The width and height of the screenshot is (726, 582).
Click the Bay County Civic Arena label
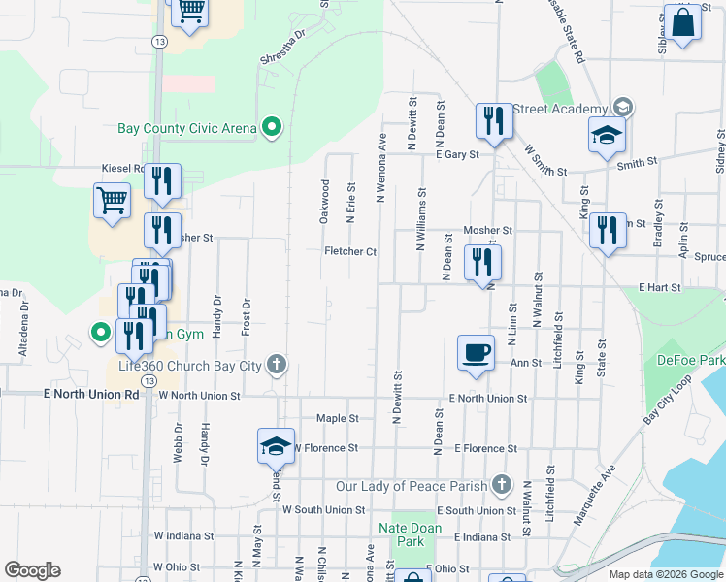[186, 128]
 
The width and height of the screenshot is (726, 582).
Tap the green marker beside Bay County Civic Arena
[273, 127]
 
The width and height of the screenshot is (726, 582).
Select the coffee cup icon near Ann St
[476, 352]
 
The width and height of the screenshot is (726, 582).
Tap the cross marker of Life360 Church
[277, 365]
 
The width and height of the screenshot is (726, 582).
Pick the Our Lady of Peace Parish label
[412, 485]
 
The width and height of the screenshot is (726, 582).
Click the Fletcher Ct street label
[349, 251]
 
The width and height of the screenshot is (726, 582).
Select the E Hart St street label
[662, 288]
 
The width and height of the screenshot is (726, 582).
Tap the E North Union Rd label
[91, 395]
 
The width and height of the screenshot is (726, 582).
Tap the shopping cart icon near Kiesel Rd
[112, 201]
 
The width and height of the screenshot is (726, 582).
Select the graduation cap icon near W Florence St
[276, 445]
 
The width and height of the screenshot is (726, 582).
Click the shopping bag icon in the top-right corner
[682, 22]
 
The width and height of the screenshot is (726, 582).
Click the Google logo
[32, 570]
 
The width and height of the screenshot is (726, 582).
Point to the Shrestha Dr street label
[282, 46]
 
